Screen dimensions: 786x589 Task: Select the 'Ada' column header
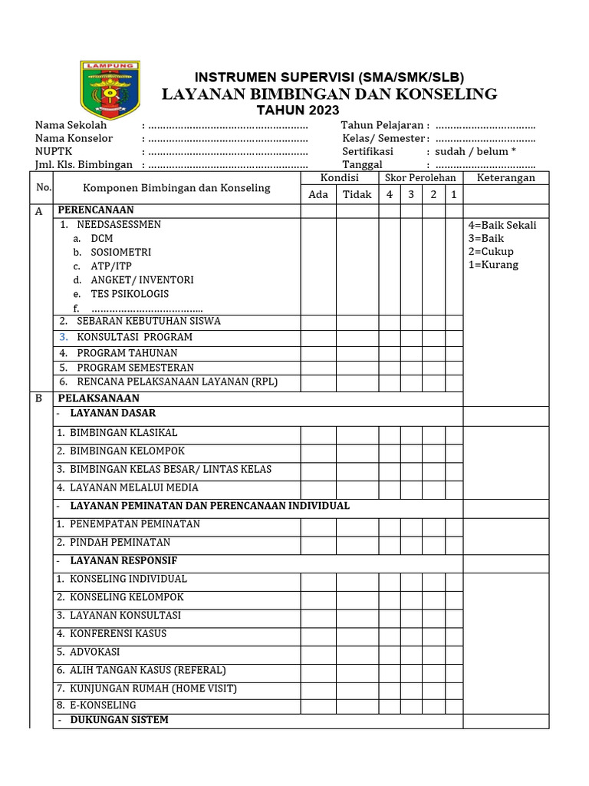[x=318, y=194]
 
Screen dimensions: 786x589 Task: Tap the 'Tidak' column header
[x=357, y=194]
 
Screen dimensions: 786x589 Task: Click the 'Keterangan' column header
[x=506, y=178]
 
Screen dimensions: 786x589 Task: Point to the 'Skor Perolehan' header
[x=421, y=178]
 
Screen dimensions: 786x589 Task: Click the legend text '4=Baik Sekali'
[x=502, y=225]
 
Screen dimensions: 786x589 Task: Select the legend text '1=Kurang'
[x=493, y=265]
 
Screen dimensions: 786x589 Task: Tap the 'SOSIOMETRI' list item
[x=120, y=252]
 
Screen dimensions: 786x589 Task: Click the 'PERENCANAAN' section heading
[x=96, y=210]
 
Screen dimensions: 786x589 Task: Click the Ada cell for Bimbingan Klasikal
[x=318, y=433]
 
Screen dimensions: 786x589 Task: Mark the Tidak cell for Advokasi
[x=357, y=652]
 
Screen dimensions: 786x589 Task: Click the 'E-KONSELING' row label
[x=102, y=705]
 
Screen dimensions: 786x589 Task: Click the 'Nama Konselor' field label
[x=74, y=138]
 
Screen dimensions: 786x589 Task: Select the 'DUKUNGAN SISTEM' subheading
[x=119, y=720]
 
